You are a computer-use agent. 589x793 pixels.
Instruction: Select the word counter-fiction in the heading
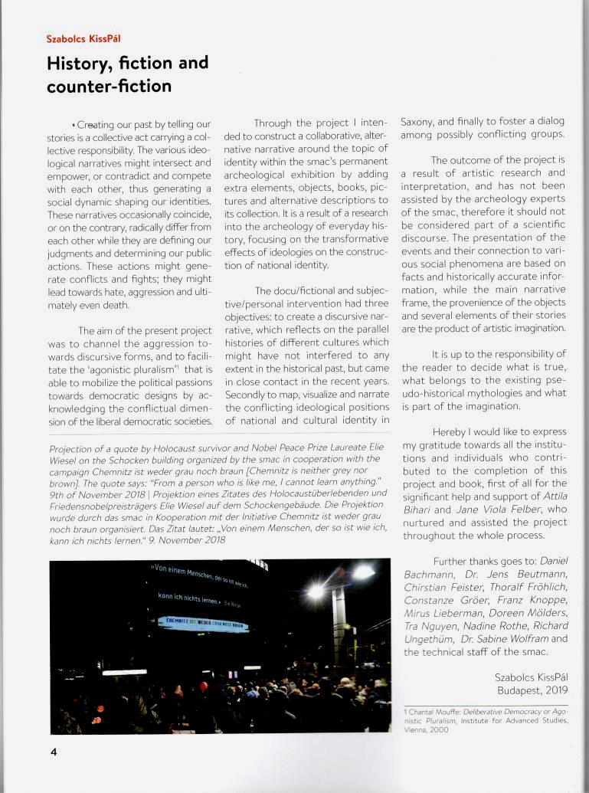click(109, 86)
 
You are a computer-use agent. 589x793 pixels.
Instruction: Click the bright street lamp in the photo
click(316, 591)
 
